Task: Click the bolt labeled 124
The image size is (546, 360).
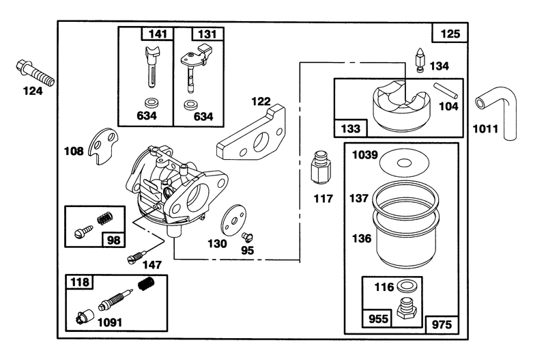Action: coord(35,73)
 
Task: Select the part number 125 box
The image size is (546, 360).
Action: coord(450,33)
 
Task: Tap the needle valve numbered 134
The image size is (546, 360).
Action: coord(420,60)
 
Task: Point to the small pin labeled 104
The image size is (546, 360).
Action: coord(446,90)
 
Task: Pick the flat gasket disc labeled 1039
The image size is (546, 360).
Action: coord(404,163)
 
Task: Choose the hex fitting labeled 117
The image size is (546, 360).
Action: coord(320,167)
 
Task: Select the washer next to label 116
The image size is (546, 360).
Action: coord(405,286)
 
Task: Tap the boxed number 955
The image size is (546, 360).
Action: coord(377,318)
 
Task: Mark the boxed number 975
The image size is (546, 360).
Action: coord(442,324)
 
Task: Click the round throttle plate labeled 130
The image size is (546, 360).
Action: coord(233,220)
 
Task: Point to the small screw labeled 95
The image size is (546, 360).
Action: coord(248,237)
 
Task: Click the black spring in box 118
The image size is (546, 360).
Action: coord(146,283)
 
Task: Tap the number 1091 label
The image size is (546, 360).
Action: coord(110,322)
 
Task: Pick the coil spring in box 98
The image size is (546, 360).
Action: coord(105,218)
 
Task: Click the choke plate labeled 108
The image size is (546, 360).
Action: coord(103,146)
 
